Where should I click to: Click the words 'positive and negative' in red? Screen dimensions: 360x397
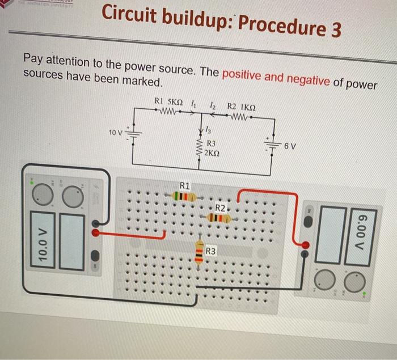click(276, 77)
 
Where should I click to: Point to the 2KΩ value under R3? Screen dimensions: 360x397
click(213, 153)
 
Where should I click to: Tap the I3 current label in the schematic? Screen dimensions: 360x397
click(209, 130)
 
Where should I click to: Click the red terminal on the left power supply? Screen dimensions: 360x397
click(96, 232)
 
